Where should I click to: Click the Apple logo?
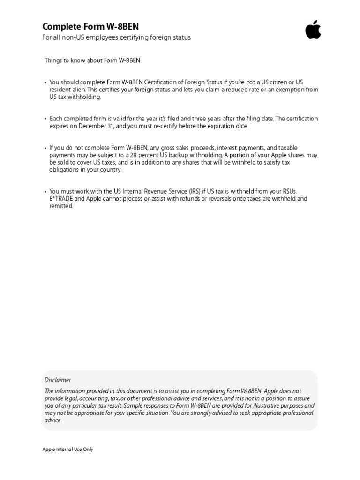click(x=313, y=30)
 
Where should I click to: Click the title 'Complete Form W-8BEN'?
click(x=90, y=27)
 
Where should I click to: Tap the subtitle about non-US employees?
click(x=117, y=37)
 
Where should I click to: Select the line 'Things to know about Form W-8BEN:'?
click(x=93, y=60)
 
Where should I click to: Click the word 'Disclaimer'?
click(x=58, y=380)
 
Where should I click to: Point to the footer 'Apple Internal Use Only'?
click(x=68, y=449)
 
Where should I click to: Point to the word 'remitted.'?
click(x=61, y=206)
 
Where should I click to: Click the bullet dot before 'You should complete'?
click(x=45, y=82)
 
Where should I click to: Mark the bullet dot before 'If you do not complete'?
click(x=45, y=148)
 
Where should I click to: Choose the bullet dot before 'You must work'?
click(x=45, y=192)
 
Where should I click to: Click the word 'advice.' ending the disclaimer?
click(x=53, y=420)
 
